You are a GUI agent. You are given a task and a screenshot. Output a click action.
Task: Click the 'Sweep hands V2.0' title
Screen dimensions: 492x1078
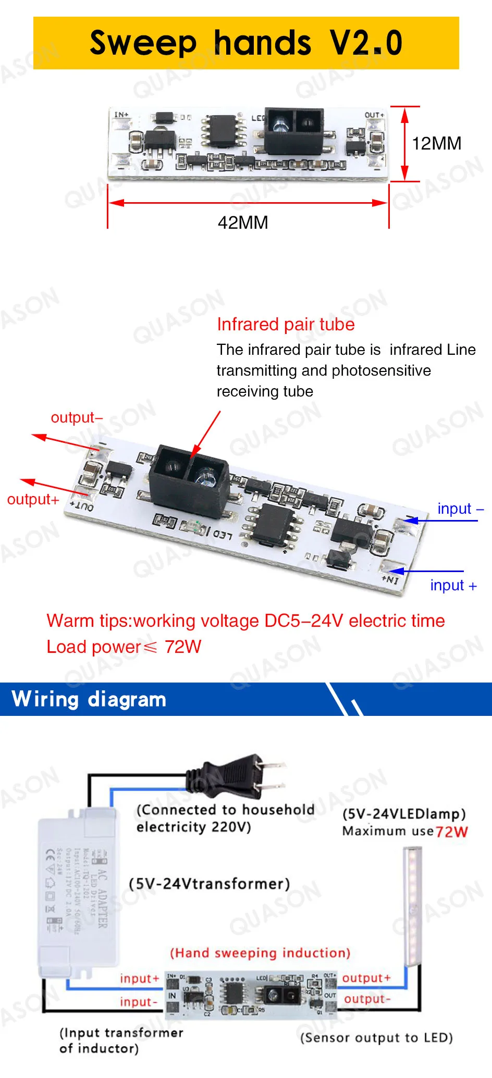[x=246, y=43]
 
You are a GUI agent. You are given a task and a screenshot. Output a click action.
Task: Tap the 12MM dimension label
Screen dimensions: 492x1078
[x=436, y=143]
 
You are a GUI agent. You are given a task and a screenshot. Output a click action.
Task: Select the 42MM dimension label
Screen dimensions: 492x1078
[x=243, y=222]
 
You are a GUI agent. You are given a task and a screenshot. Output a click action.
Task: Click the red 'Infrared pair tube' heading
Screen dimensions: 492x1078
[x=286, y=324]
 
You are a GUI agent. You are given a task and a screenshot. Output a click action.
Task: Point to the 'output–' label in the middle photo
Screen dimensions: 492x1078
[x=77, y=417]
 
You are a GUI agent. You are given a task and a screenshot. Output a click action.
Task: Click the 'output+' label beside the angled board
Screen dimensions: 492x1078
[x=33, y=499]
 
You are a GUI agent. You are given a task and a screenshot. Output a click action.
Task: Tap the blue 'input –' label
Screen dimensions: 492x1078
[x=460, y=509]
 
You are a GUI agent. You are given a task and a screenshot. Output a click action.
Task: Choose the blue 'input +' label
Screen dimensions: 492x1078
[x=453, y=585]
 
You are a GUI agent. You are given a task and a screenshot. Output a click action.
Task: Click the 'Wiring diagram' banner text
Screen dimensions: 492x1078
[x=89, y=699]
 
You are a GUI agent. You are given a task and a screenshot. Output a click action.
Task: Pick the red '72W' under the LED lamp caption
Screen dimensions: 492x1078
[x=452, y=832]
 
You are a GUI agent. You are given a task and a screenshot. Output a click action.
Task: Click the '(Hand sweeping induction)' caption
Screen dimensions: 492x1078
[x=260, y=953]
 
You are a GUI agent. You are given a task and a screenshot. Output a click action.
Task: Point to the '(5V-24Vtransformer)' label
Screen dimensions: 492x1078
[x=209, y=884]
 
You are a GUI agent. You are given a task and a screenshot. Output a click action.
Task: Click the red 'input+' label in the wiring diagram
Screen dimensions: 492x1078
[x=139, y=978]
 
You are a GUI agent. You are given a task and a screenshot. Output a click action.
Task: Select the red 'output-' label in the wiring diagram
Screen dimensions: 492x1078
[x=367, y=999]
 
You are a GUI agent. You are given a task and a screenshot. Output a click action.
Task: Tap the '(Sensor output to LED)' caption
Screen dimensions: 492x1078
[x=376, y=1037]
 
